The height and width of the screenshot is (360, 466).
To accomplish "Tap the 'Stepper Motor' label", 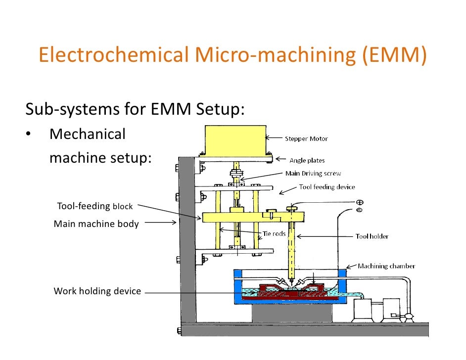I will click(306, 139).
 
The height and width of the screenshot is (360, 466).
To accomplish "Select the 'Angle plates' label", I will click(307, 160).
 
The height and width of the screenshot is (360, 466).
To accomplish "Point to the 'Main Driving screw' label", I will click(313, 174).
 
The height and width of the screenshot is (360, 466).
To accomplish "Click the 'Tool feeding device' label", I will click(327, 187).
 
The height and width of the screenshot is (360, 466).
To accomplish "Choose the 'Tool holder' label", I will click(372, 236).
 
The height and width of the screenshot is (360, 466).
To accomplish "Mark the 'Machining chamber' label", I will click(386, 266).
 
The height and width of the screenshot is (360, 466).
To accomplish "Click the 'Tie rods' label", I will click(274, 233).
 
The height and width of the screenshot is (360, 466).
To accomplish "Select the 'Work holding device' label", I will click(97, 291).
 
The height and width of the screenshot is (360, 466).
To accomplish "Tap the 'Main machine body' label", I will click(96, 224).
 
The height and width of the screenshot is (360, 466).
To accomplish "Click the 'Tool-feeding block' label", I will click(94, 206).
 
